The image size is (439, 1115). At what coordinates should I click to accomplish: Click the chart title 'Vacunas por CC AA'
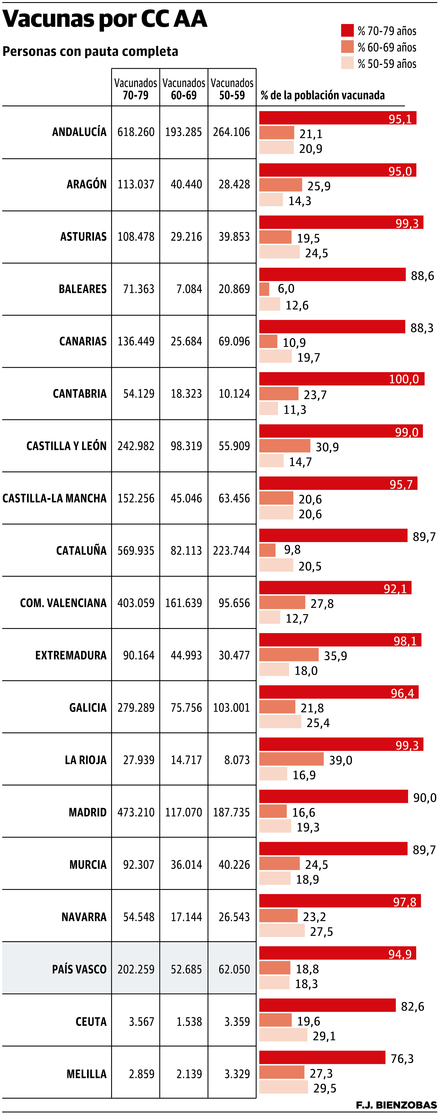[x=105, y=19]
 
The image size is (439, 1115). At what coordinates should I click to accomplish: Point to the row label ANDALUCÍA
[x=79, y=132]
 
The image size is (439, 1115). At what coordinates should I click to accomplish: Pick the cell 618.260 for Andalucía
[x=136, y=132]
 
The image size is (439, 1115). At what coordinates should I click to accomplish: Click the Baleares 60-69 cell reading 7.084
[x=189, y=289]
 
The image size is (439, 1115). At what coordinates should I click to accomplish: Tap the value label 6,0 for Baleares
[x=286, y=289]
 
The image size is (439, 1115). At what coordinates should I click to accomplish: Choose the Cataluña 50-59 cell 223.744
[x=231, y=551]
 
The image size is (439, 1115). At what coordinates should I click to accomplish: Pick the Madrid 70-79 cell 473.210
[x=136, y=812]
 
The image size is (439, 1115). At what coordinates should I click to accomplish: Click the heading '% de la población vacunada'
[x=323, y=95]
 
